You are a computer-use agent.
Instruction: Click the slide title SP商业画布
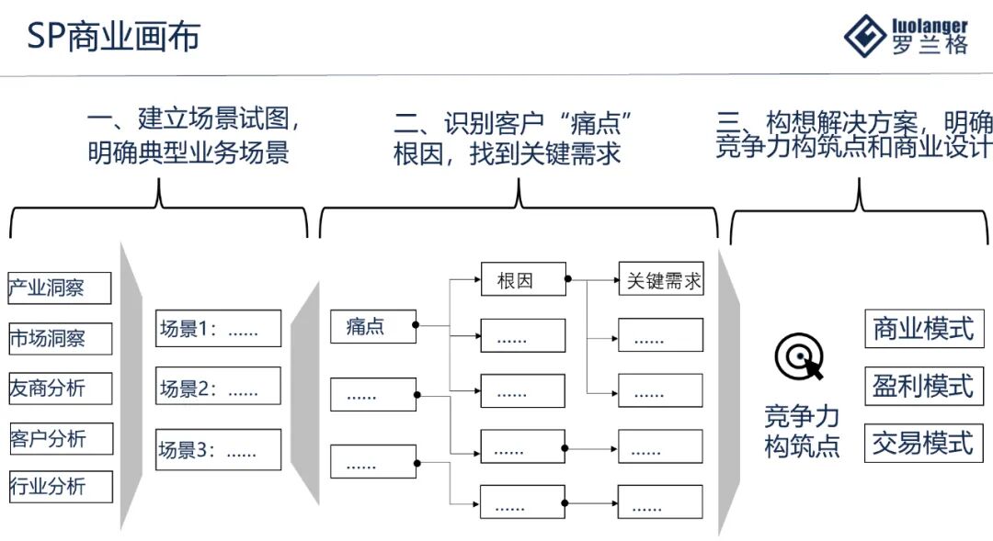click(x=113, y=37)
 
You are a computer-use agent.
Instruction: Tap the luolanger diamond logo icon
click(x=865, y=37)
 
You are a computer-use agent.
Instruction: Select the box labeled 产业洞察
click(x=60, y=287)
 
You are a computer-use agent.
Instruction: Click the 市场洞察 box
click(x=60, y=338)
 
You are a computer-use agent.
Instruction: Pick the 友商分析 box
click(x=60, y=388)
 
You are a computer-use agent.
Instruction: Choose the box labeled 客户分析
click(x=60, y=438)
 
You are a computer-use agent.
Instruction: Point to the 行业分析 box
click(x=60, y=486)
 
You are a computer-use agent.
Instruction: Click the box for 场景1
click(x=218, y=328)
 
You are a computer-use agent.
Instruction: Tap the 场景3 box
click(x=218, y=450)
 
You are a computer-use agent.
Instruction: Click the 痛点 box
click(x=372, y=326)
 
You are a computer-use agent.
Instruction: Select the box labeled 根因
click(x=522, y=280)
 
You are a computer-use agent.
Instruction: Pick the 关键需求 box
click(x=660, y=280)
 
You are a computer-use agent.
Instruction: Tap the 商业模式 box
click(x=923, y=328)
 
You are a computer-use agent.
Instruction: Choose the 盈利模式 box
click(x=923, y=386)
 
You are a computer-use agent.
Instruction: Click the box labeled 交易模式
click(x=923, y=443)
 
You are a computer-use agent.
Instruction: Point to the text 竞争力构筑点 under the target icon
click(x=802, y=432)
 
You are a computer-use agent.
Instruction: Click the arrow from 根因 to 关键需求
click(x=592, y=278)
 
